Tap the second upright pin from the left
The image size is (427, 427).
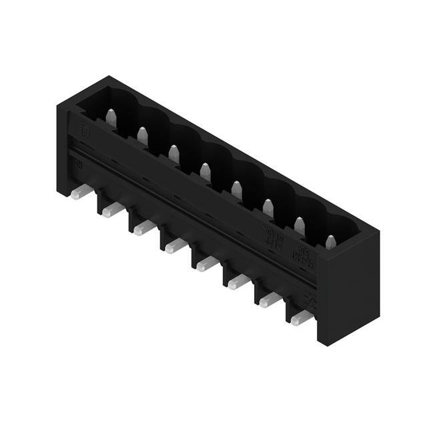(142, 135)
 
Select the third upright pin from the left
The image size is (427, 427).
(173, 153)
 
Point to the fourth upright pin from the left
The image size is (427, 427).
(205, 171)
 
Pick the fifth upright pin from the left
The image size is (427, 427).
(237, 189)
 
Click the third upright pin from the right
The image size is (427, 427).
(268, 207)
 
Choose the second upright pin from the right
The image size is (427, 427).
(300, 226)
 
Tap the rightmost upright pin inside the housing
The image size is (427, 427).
(331, 242)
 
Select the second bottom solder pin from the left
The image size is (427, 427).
(112, 211)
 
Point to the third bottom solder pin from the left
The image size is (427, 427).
(143, 229)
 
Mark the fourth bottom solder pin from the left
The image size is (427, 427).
(175, 247)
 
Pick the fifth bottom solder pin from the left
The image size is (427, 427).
(207, 265)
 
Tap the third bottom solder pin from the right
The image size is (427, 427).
(238, 283)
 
